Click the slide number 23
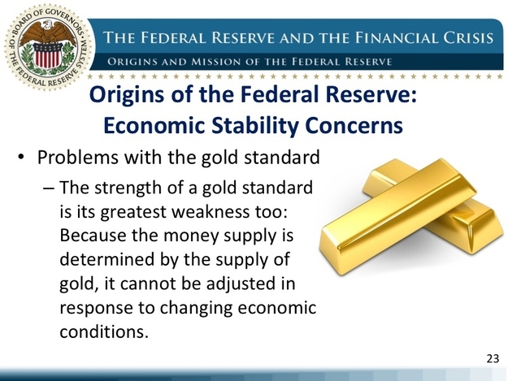pyautogui.click(x=493, y=359)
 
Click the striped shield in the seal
pyautogui.click(x=48, y=55)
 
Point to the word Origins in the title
pyautogui.click(x=127, y=94)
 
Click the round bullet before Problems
pyautogui.click(x=21, y=158)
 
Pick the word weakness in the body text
pyautogui.click(x=211, y=212)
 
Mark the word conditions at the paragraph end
pyautogui.click(x=104, y=331)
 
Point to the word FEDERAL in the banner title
pyautogui.click(x=174, y=38)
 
